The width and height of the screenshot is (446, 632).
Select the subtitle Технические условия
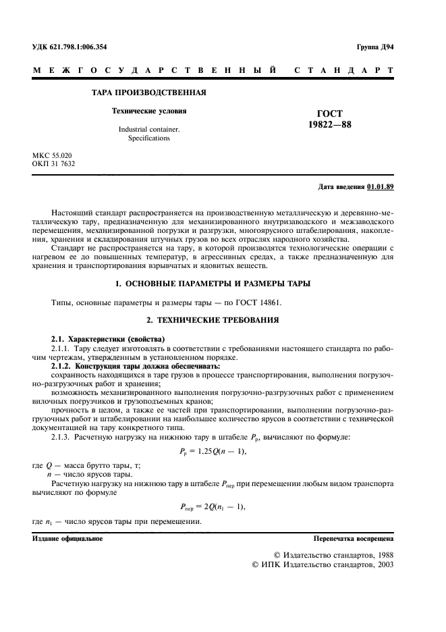[148, 110]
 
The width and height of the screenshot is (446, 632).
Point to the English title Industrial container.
[149, 128]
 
